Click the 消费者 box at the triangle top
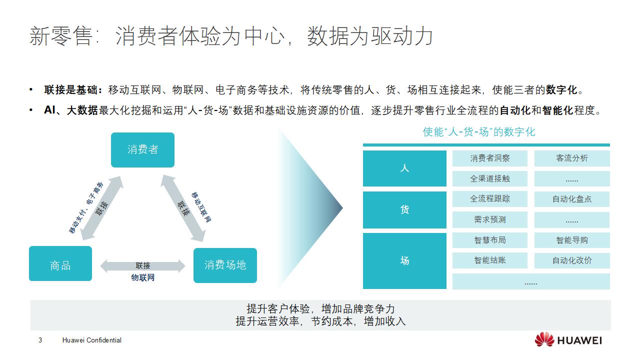[x=142, y=149]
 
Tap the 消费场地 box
[x=225, y=265]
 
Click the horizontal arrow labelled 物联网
[x=142, y=266]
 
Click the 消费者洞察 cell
[x=489, y=158]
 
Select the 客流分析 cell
[x=571, y=158]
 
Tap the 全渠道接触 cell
[x=489, y=178]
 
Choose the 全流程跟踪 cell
[x=489, y=199]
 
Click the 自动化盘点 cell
[x=571, y=199]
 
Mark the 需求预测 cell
[x=489, y=219]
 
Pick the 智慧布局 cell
[x=489, y=240]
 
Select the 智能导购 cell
[x=571, y=240]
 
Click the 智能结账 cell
[x=489, y=260]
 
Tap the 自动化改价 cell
[x=571, y=260]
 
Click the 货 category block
[x=404, y=209]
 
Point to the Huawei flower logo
[x=544, y=339]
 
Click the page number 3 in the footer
[x=40, y=340]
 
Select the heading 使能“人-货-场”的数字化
[x=478, y=132]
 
